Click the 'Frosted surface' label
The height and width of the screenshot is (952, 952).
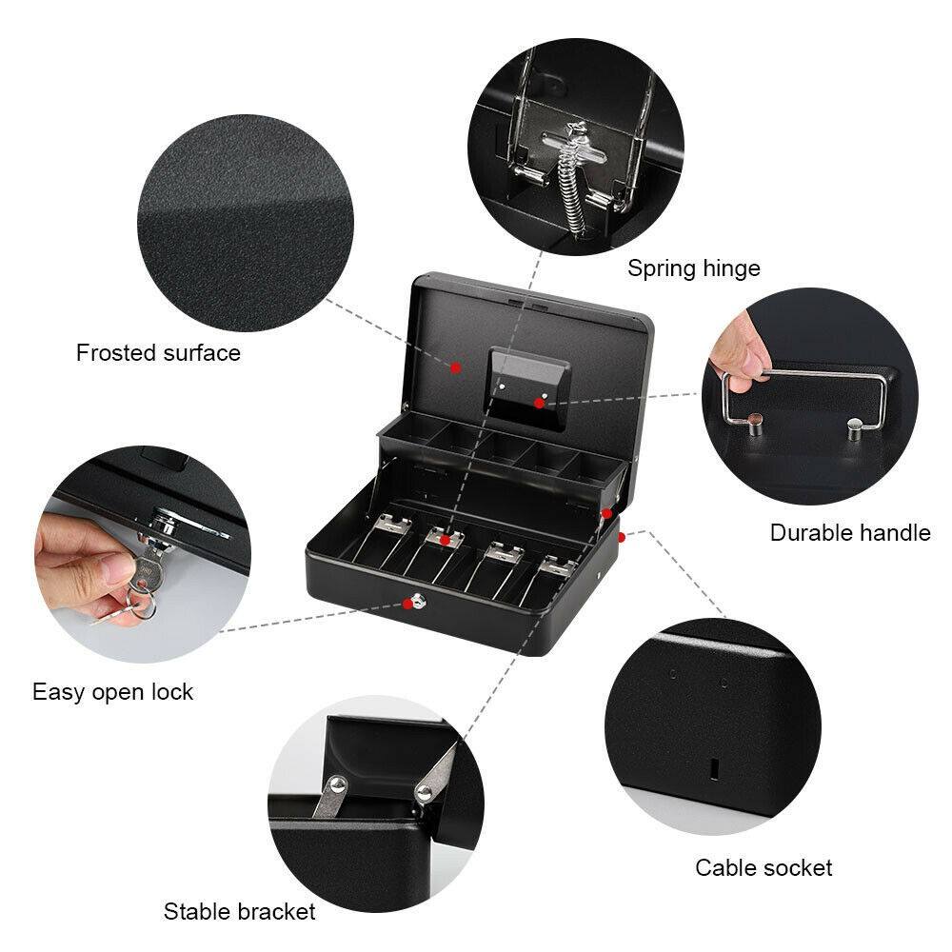point(158,353)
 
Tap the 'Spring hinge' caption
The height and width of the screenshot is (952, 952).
point(693,268)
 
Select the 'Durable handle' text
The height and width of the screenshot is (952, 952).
point(849,532)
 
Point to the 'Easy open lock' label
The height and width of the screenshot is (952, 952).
point(112,691)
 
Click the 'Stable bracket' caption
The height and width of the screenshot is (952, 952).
point(239,911)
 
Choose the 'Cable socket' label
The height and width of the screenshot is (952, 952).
point(763,867)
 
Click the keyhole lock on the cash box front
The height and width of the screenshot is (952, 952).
point(416,602)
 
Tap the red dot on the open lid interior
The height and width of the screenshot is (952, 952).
point(456,367)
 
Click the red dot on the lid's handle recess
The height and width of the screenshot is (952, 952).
point(539,403)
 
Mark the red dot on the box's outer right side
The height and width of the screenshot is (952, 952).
point(621,538)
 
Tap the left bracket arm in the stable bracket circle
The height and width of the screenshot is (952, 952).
point(330,795)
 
